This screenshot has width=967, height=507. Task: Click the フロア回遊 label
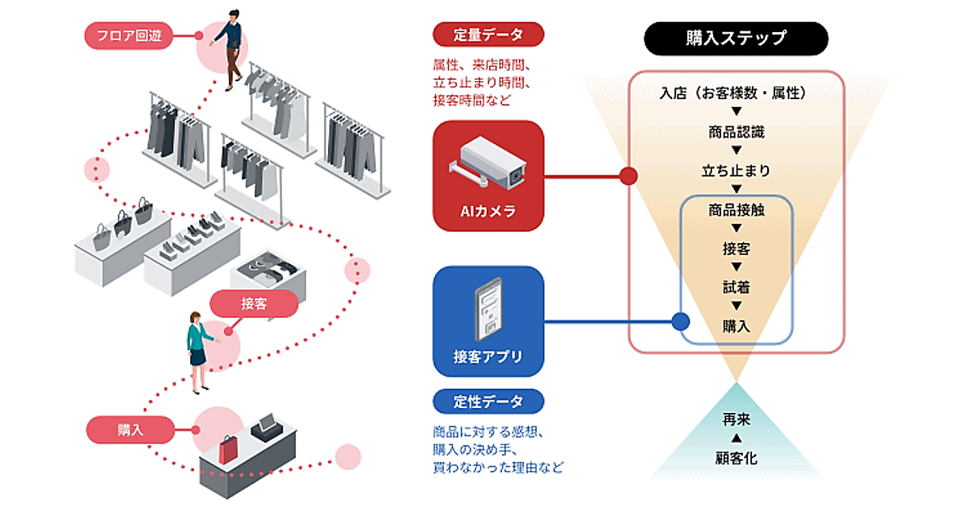pos(128,35)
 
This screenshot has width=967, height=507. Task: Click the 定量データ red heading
pos(488,35)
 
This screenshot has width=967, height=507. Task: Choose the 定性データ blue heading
pos(488,401)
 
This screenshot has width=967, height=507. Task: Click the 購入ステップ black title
pos(736,38)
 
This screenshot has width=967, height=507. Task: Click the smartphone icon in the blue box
pos(489,309)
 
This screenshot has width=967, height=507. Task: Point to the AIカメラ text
pos(488,212)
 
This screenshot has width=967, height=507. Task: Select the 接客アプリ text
pos(488,357)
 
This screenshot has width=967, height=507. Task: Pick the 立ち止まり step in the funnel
pos(736,171)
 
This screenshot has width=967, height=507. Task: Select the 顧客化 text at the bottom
pos(736,458)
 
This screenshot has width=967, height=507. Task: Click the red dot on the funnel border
pos(629,175)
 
